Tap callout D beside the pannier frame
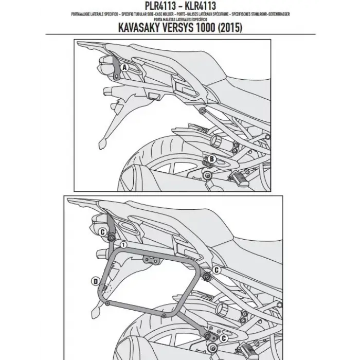tap(95, 281)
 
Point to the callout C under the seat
tap(217, 269)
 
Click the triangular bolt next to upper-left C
tap(111, 237)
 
